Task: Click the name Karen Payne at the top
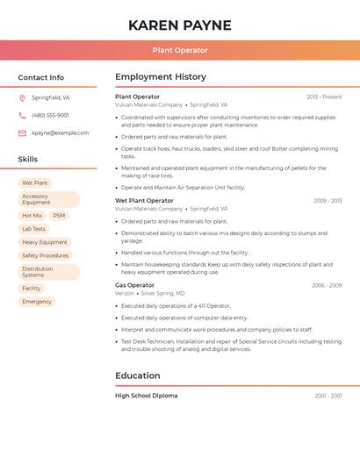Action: tap(180, 25)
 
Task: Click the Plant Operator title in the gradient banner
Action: tap(180, 51)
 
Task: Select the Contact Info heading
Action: tap(41, 77)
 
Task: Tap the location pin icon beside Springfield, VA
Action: tap(22, 98)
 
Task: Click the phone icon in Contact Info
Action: tap(22, 116)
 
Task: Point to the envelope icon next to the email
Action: tap(22, 133)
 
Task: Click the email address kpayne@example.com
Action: tap(60, 133)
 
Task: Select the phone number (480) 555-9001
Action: tap(50, 116)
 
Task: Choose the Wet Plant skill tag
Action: tap(35, 182)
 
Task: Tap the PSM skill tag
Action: tap(59, 215)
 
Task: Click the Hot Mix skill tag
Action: tap(32, 215)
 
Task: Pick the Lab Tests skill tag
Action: tap(33, 229)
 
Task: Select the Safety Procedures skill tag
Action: tap(45, 255)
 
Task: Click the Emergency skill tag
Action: tap(37, 302)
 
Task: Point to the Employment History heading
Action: tap(161, 77)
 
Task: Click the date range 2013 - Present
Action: tap(324, 97)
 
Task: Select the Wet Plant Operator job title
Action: tap(144, 201)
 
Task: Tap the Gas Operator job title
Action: tap(134, 285)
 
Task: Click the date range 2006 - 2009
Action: tap(327, 285)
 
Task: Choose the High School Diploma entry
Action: tap(146, 396)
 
